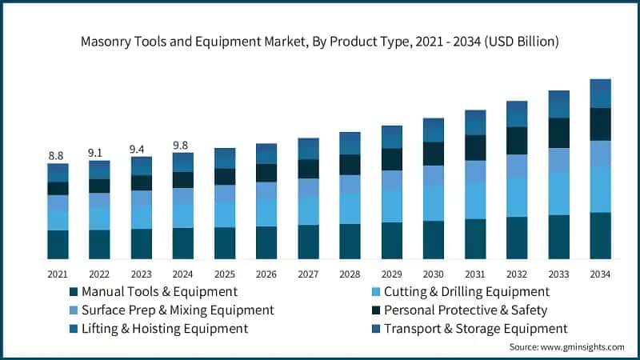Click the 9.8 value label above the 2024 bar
click(182, 145)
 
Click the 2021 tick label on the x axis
click(57, 274)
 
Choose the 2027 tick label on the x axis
click(308, 274)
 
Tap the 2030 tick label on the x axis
click(434, 274)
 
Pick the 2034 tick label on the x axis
click(600, 274)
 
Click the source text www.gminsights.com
click(566, 347)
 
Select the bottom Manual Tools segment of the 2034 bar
click(600, 235)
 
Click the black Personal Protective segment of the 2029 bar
click(391, 159)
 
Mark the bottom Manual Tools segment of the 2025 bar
click(225, 243)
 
